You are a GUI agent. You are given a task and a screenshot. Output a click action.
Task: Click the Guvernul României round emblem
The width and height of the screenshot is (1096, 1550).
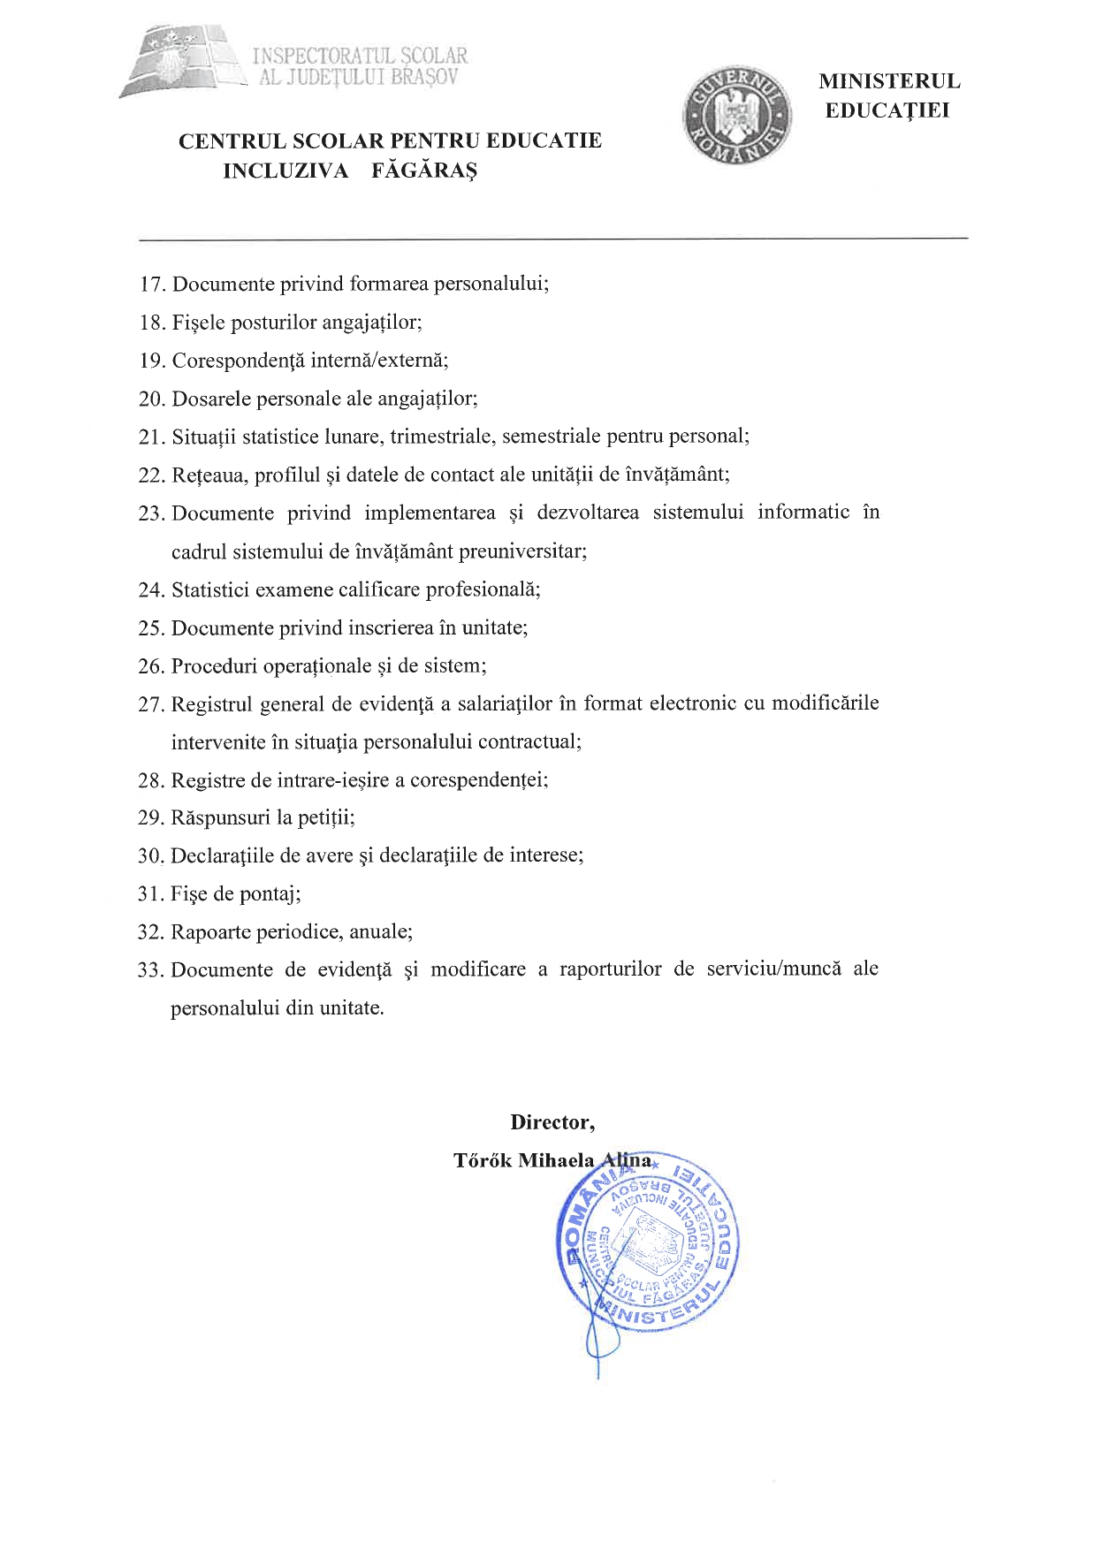tap(737, 117)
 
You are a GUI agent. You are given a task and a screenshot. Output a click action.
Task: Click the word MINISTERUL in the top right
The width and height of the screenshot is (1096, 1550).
tap(888, 81)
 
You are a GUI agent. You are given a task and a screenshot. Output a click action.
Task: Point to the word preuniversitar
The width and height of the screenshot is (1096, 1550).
tap(530, 551)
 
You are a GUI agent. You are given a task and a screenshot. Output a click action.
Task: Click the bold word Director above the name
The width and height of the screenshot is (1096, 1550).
tap(550, 1122)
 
